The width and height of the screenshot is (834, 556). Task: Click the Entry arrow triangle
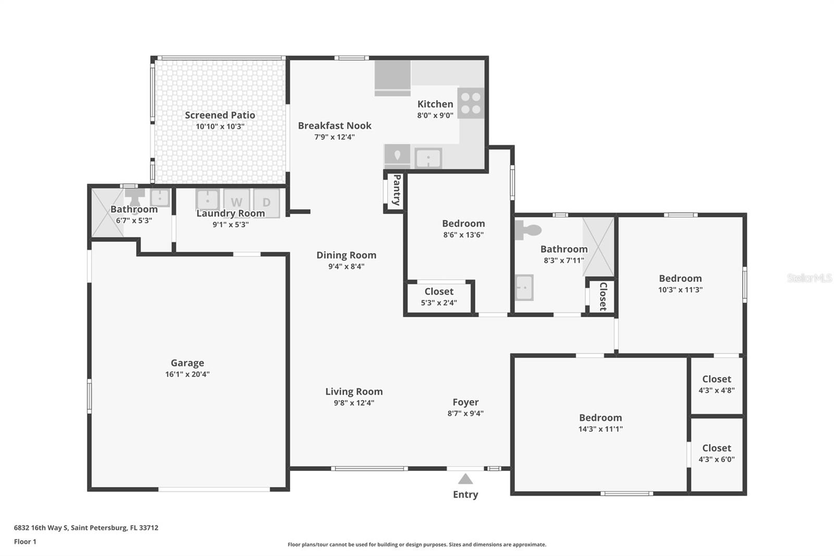pos(465,479)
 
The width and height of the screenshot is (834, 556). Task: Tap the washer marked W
pos(237,202)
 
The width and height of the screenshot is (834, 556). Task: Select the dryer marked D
pos(266,202)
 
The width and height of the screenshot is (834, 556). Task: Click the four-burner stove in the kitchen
pos(471,103)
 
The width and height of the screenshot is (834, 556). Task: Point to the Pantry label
pos(396,190)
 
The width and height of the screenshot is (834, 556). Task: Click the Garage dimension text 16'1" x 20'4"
pos(187,374)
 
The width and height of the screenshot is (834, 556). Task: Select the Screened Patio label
pos(220,115)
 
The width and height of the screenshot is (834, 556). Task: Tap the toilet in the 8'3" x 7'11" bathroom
pos(528,229)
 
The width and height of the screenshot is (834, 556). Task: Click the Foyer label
pos(465,402)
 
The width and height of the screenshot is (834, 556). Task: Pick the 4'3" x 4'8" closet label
pos(716,379)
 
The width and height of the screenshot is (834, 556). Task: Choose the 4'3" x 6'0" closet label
pos(716,448)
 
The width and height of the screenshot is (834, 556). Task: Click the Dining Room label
pos(346,255)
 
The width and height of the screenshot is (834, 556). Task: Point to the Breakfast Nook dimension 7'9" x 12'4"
pos(334,137)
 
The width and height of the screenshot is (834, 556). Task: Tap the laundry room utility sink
pos(207,200)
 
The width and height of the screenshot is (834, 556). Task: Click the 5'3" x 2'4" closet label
pos(439,292)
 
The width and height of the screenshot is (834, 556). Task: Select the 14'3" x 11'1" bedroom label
pos(600,418)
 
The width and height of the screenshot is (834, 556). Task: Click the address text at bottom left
pos(86,527)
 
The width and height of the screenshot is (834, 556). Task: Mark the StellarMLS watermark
pos(809,278)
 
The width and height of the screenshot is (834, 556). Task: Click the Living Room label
pos(354,392)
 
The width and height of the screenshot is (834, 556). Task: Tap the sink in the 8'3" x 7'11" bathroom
pos(524,287)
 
